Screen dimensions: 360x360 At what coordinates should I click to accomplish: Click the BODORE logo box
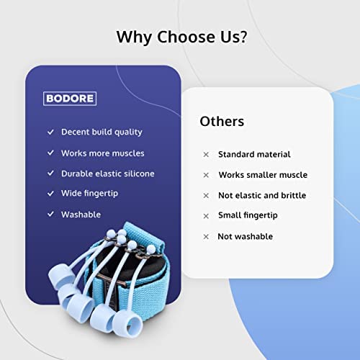70,99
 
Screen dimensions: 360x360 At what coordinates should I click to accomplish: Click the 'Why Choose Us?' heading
181,37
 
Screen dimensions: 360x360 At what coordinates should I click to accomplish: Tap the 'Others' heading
222,121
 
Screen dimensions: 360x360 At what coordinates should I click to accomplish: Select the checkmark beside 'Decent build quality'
50,132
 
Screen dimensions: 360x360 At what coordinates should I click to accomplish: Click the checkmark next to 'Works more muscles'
50,153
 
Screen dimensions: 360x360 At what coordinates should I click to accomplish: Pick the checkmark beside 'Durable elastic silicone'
50,173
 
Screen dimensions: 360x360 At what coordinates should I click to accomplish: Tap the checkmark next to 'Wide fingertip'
50,193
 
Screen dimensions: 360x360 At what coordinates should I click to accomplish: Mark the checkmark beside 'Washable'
50,214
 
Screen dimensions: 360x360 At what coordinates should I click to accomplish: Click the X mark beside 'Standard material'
206,155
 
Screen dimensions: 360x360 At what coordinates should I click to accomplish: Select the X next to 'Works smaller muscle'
206,175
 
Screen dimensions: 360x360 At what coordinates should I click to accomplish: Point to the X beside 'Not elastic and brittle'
206,196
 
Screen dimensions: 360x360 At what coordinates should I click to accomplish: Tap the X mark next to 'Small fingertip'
206,216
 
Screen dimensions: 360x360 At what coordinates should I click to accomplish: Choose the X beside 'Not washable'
206,237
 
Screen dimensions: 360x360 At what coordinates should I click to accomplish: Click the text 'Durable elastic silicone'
108,174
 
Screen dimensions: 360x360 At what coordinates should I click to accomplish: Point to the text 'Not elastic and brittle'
262,195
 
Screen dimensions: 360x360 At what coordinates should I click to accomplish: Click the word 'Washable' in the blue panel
81,215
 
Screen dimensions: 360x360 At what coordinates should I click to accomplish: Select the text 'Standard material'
254,154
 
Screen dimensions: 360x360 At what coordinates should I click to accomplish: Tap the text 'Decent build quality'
102,132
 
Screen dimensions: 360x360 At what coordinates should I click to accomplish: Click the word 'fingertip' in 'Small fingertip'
261,215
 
